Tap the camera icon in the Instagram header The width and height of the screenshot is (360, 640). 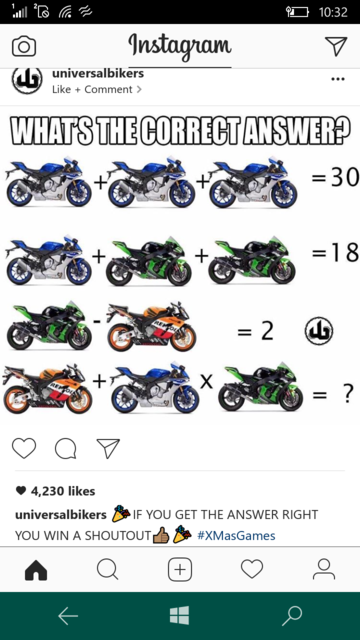pyautogui.click(x=24, y=47)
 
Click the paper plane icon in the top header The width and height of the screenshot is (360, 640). pyautogui.click(x=336, y=46)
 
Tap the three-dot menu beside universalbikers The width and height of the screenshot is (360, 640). pyautogui.click(x=338, y=79)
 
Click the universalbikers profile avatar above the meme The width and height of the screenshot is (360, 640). pyautogui.click(x=27, y=80)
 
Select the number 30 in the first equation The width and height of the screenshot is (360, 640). pyautogui.click(x=344, y=177)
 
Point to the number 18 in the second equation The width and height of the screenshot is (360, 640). pyautogui.click(x=344, y=253)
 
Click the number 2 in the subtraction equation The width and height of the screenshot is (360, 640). pyautogui.click(x=267, y=331)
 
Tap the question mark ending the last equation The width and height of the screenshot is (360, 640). pyautogui.click(x=347, y=393)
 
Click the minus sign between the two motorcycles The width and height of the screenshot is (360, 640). pyautogui.click(x=97, y=321)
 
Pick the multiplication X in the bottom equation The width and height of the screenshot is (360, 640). pyautogui.click(x=207, y=382)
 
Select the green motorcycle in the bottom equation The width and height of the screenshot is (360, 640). pyautogui.click(x=261, y=387)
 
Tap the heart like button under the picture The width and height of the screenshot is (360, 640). pyautogui.click(x=24, y=448)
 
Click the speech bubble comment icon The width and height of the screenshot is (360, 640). pyautogui.click(x=65, y=449)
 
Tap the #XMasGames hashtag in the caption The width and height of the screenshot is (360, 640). pyautogui.click(x=236, y=535)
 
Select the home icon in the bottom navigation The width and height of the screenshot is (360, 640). pyautogui.click(x=36, y=569)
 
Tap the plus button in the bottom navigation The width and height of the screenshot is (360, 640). pyautogui.click(x=180, y=569)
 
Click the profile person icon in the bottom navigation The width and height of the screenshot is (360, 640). pyautogui.click(x=324, y=569)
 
